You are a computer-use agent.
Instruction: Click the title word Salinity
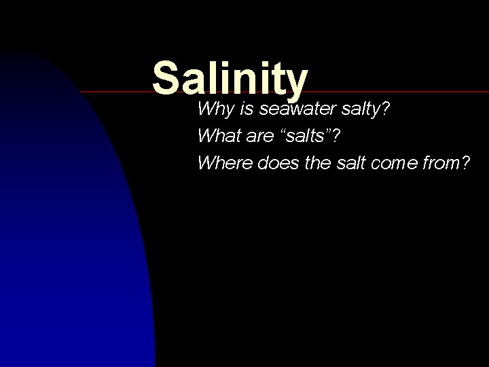pyautogui.click(x=230, y=79)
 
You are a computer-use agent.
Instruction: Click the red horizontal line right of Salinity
pyautogui.click(x=401, y=90)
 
